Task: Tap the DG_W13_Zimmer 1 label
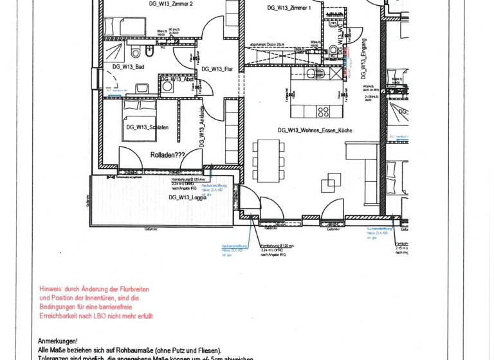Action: click(289, 8)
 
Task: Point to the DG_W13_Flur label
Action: click(217, 69)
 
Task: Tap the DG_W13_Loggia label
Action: click(188, 197)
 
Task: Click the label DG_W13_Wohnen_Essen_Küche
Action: click(315, 130)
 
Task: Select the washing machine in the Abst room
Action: click(167, 86)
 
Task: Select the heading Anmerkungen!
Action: click(59, 341)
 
